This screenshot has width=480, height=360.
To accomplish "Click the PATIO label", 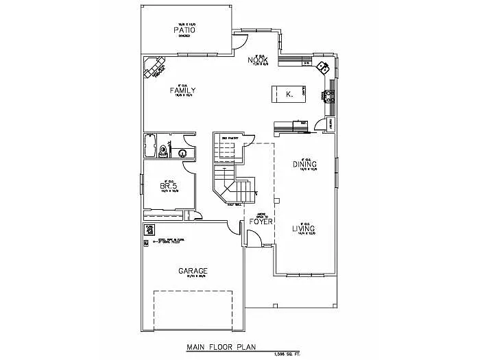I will pos(184,31).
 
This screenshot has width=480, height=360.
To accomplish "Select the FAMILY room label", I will pos(183,91).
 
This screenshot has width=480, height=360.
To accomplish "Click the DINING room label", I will pos(304,165).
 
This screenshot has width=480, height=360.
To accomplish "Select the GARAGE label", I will pos(193,272).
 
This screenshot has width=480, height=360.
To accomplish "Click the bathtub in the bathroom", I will pos(150,146).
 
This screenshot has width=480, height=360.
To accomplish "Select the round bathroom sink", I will pos(184,154).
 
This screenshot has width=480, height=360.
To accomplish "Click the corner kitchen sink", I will pos(322,68).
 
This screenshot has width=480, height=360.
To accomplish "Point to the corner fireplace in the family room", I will pos(155,69).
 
